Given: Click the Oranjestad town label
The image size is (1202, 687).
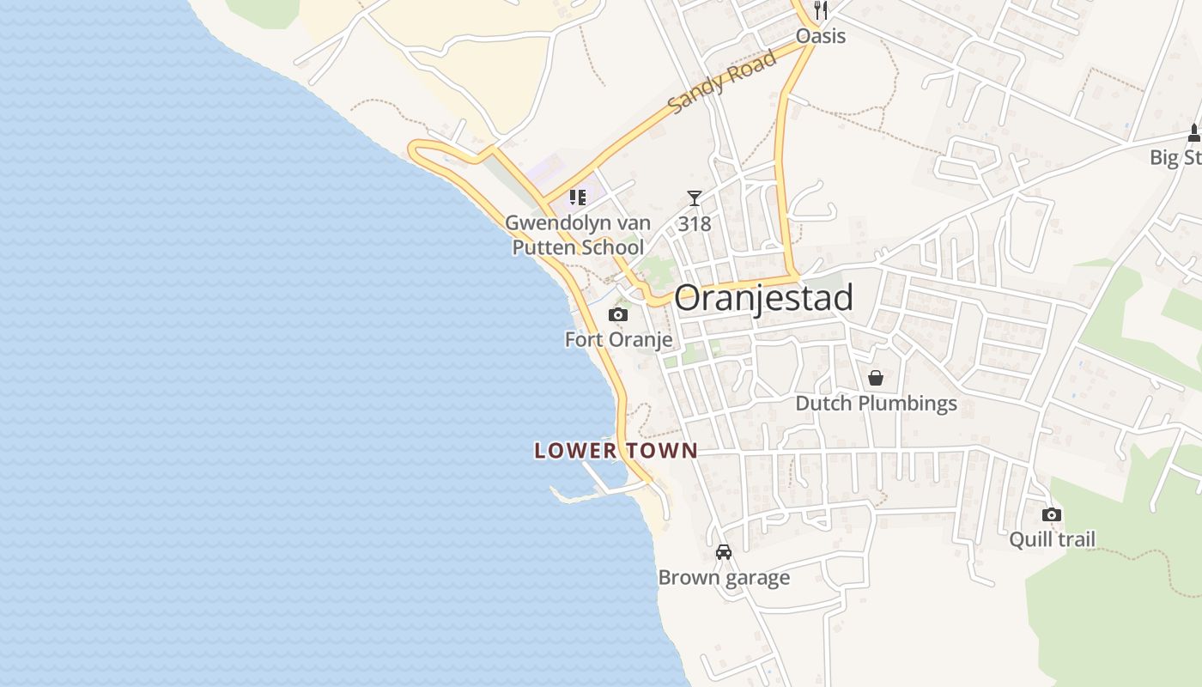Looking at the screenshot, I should [x=763, y=298].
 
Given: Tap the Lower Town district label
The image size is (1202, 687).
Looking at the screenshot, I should [x=616, y=451].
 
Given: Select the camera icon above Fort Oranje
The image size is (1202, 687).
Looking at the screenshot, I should [x=618, y=315].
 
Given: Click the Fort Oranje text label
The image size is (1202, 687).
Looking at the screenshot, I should [x=618, y=339].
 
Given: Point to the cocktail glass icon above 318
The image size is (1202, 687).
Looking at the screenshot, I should [x=694, y=198].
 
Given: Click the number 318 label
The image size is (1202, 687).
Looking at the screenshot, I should [x=694, y=224].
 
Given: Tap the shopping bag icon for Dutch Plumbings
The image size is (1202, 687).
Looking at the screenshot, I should [x=876, y=378].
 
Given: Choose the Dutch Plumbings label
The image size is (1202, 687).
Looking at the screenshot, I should [x=876, y=404].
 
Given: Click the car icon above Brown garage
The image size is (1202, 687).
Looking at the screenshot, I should [x=724, y=552].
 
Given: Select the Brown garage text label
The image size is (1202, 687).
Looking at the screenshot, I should [x=724, y=577].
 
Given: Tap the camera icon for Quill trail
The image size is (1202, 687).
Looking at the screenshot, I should [x=1052, y=514].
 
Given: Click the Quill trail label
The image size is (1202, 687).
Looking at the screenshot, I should [x=1052, y=539].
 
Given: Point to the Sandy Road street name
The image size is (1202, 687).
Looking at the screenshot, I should [x=722, y=81].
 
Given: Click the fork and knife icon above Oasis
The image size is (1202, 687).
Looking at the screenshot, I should [x=821, y=10].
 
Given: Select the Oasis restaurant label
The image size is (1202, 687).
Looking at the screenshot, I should [x=821, y=36].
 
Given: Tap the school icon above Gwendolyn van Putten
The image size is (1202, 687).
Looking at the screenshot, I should [x=578, y=198].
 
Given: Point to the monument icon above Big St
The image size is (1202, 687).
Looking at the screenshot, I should [x=1193, y=133].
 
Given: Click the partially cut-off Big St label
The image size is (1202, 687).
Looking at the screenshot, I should [x=1175, y=158].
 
